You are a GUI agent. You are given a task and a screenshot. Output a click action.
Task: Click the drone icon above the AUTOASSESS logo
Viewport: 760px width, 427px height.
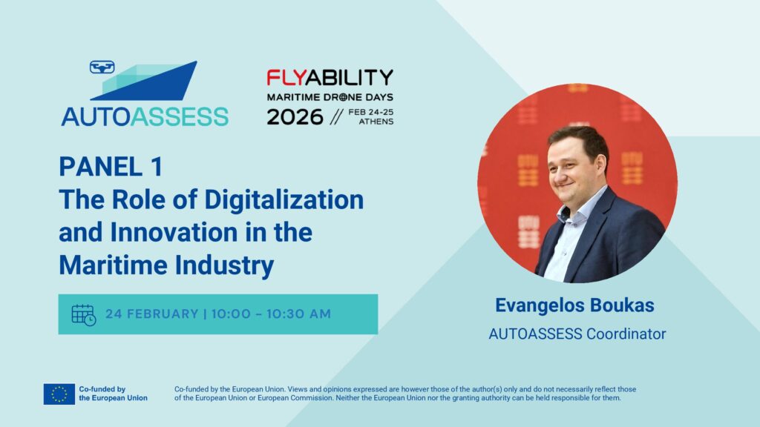click(x=102, y=67)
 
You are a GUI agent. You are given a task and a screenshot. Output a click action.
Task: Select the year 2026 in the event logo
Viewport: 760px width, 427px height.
click(x=295, y=116)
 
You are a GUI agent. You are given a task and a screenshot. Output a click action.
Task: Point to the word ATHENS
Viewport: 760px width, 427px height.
click(x=376, y=122)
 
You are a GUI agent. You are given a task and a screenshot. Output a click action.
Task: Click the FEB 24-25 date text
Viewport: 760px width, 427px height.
click(x=371, y=113)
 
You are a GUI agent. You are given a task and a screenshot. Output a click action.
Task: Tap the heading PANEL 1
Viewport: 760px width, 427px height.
click(x=111, y=167)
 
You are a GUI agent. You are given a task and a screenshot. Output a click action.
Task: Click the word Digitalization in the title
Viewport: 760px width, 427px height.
click(x=284, y=200)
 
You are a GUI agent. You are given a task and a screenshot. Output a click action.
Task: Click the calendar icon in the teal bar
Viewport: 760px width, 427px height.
click(x=83, y=314)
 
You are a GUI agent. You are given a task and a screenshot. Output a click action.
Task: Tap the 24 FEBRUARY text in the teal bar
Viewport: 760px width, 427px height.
click(x=151, y=314)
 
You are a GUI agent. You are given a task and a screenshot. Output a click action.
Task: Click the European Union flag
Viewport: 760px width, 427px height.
click(x=59, y=394)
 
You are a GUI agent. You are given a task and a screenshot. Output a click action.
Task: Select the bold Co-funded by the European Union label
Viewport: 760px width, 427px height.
click(x=113, y=394)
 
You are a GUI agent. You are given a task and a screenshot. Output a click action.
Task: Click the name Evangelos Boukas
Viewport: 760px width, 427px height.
click(x=574, y=305)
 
